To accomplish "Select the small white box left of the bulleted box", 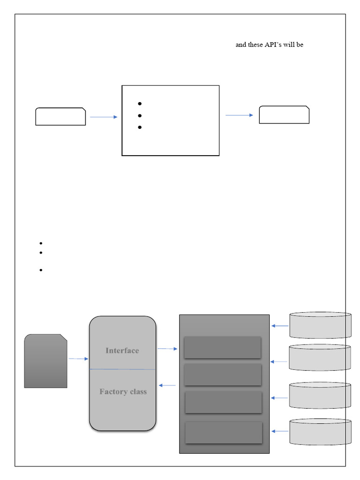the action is pyautogui.click(x=60, y=116).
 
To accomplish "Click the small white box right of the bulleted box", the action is pyautogui.click(x=284, y=115).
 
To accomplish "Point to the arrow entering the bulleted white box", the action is pyautogui.click(x=104, y=117).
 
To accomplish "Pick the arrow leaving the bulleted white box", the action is pyautogui.click(x=239, y=115).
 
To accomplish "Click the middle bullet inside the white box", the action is pyautogui.click(x=140, y=115).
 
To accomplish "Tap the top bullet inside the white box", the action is pyautogui.click(x=140, y=104).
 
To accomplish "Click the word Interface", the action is pyautogui.click(x=122, y=351).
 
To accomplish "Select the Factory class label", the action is pyautogui.click(x=123, y=392).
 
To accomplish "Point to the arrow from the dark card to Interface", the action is pyautogui.click(x=78, y=359).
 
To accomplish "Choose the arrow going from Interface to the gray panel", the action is pyautogui.click(x=167, y=349).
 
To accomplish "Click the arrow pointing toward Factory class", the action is pyautogui.click(x=167, y=385).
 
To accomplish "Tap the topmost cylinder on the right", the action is pyautogui.click(x=321, y=325).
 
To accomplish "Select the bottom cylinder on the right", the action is pyautogui.click(x=321, y=432).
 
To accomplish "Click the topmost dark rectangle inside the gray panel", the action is pyautogui.click(x=222, y=347).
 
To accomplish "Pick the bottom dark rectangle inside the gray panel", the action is pyautogui.click(x=224, y=432).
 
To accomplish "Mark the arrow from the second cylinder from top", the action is pyautogui.click(x=279, y=362).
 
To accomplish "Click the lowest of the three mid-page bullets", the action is pyautogui.click(x=41, y=270).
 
